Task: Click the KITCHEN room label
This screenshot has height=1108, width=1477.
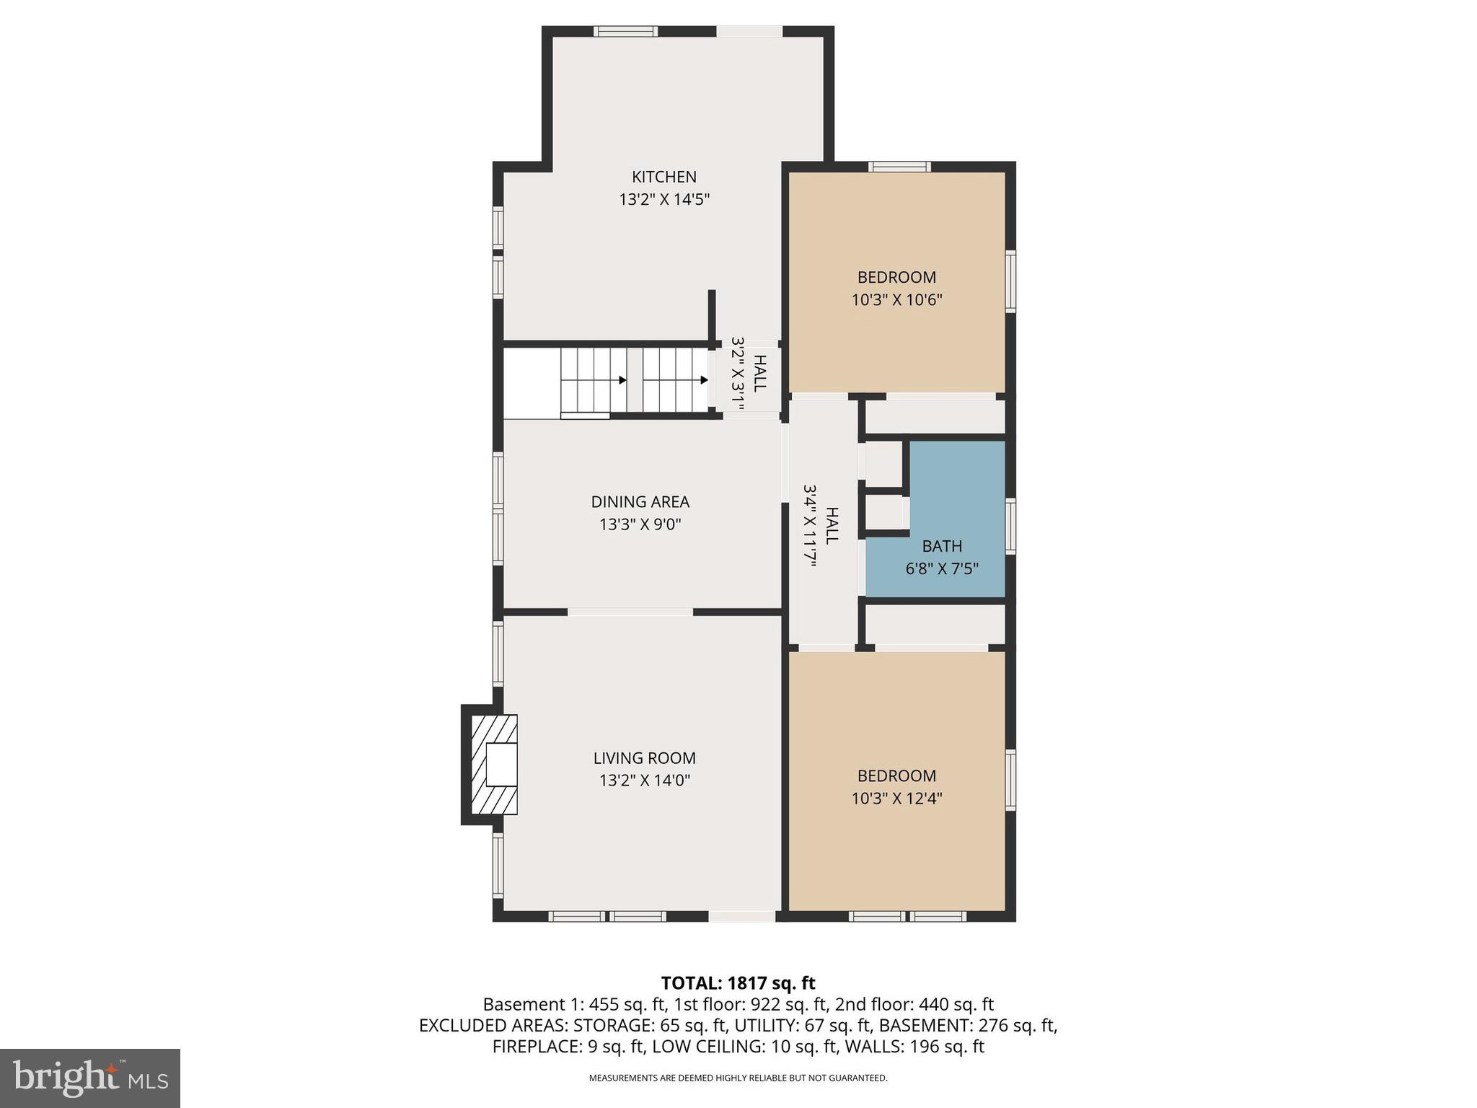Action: [663, 177]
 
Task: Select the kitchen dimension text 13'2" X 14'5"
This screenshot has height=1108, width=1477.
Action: [663, 200]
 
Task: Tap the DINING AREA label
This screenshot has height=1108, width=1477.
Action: [640, 502]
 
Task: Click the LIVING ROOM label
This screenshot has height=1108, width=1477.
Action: [644, 758]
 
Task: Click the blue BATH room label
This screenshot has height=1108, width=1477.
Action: [941, 546]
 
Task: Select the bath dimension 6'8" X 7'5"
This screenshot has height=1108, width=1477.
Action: [941, 569]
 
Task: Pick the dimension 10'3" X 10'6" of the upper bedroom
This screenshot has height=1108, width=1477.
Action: [896, 300]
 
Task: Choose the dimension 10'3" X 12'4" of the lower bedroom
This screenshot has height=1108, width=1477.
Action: [896, 799]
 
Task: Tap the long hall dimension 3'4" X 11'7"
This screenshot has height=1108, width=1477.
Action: [809, 526]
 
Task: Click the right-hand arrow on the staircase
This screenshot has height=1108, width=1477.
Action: [702, 379]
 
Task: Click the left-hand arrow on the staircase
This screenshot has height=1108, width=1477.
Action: [622, 379]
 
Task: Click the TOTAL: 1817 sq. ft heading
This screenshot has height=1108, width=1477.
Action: [738, 983]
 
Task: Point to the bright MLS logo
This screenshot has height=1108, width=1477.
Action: [90, 1078]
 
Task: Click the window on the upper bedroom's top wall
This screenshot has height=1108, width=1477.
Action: [899, 167]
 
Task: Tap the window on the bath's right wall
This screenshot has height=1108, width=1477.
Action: [1010, 526]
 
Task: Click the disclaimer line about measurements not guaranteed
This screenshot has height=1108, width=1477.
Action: [738, 1078]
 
